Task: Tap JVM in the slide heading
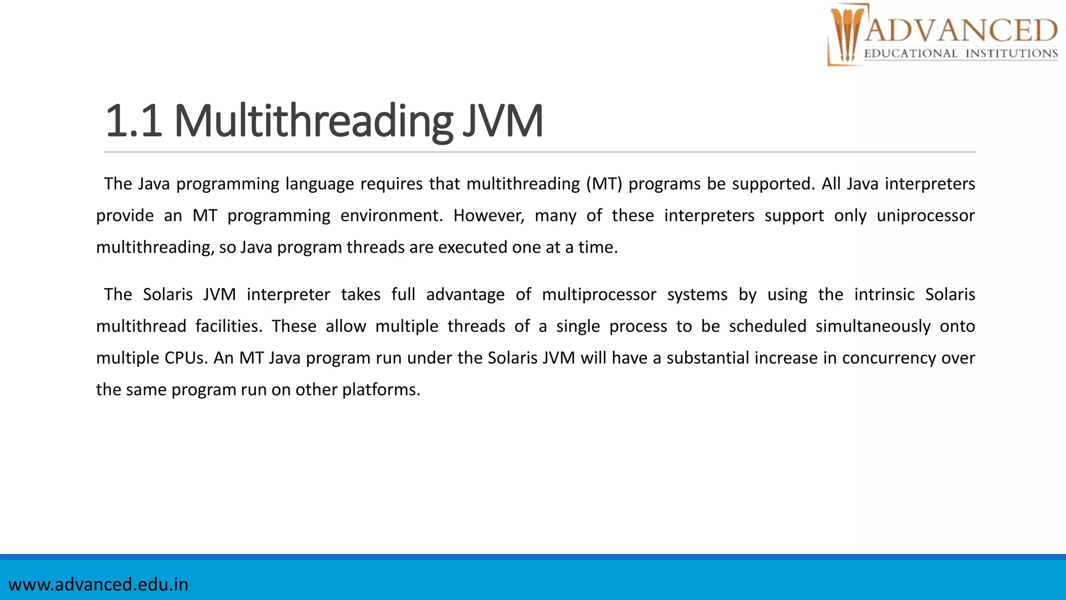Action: click(503, 121)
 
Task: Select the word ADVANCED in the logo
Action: click(961, 30)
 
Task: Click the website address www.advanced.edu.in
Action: click(98, 584)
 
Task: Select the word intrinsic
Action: click(884, 295)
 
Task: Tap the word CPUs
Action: click(186, 358)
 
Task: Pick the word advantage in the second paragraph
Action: click(465, 295)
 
